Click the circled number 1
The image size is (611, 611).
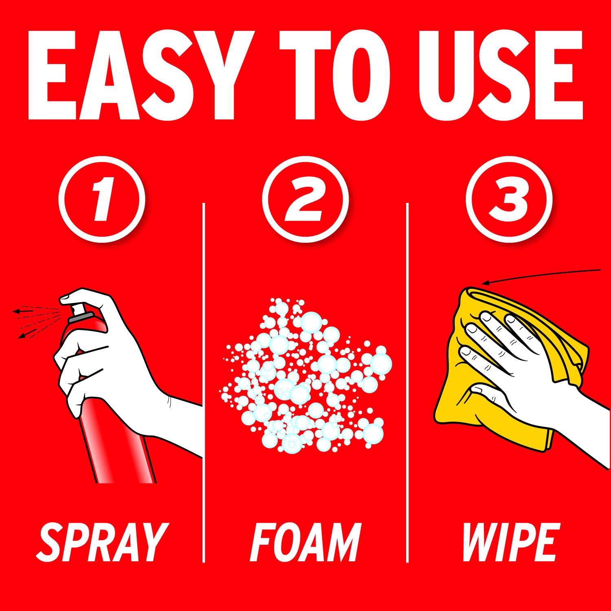[x=102, y=199]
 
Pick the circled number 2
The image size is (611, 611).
[x=305, y=199]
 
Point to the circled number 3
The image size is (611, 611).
[x=509, y=199]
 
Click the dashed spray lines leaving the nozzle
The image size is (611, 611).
[x=37, y=322]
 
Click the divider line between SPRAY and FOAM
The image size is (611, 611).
[x=204, y=383]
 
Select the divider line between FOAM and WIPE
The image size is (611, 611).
[x=407, y=383]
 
